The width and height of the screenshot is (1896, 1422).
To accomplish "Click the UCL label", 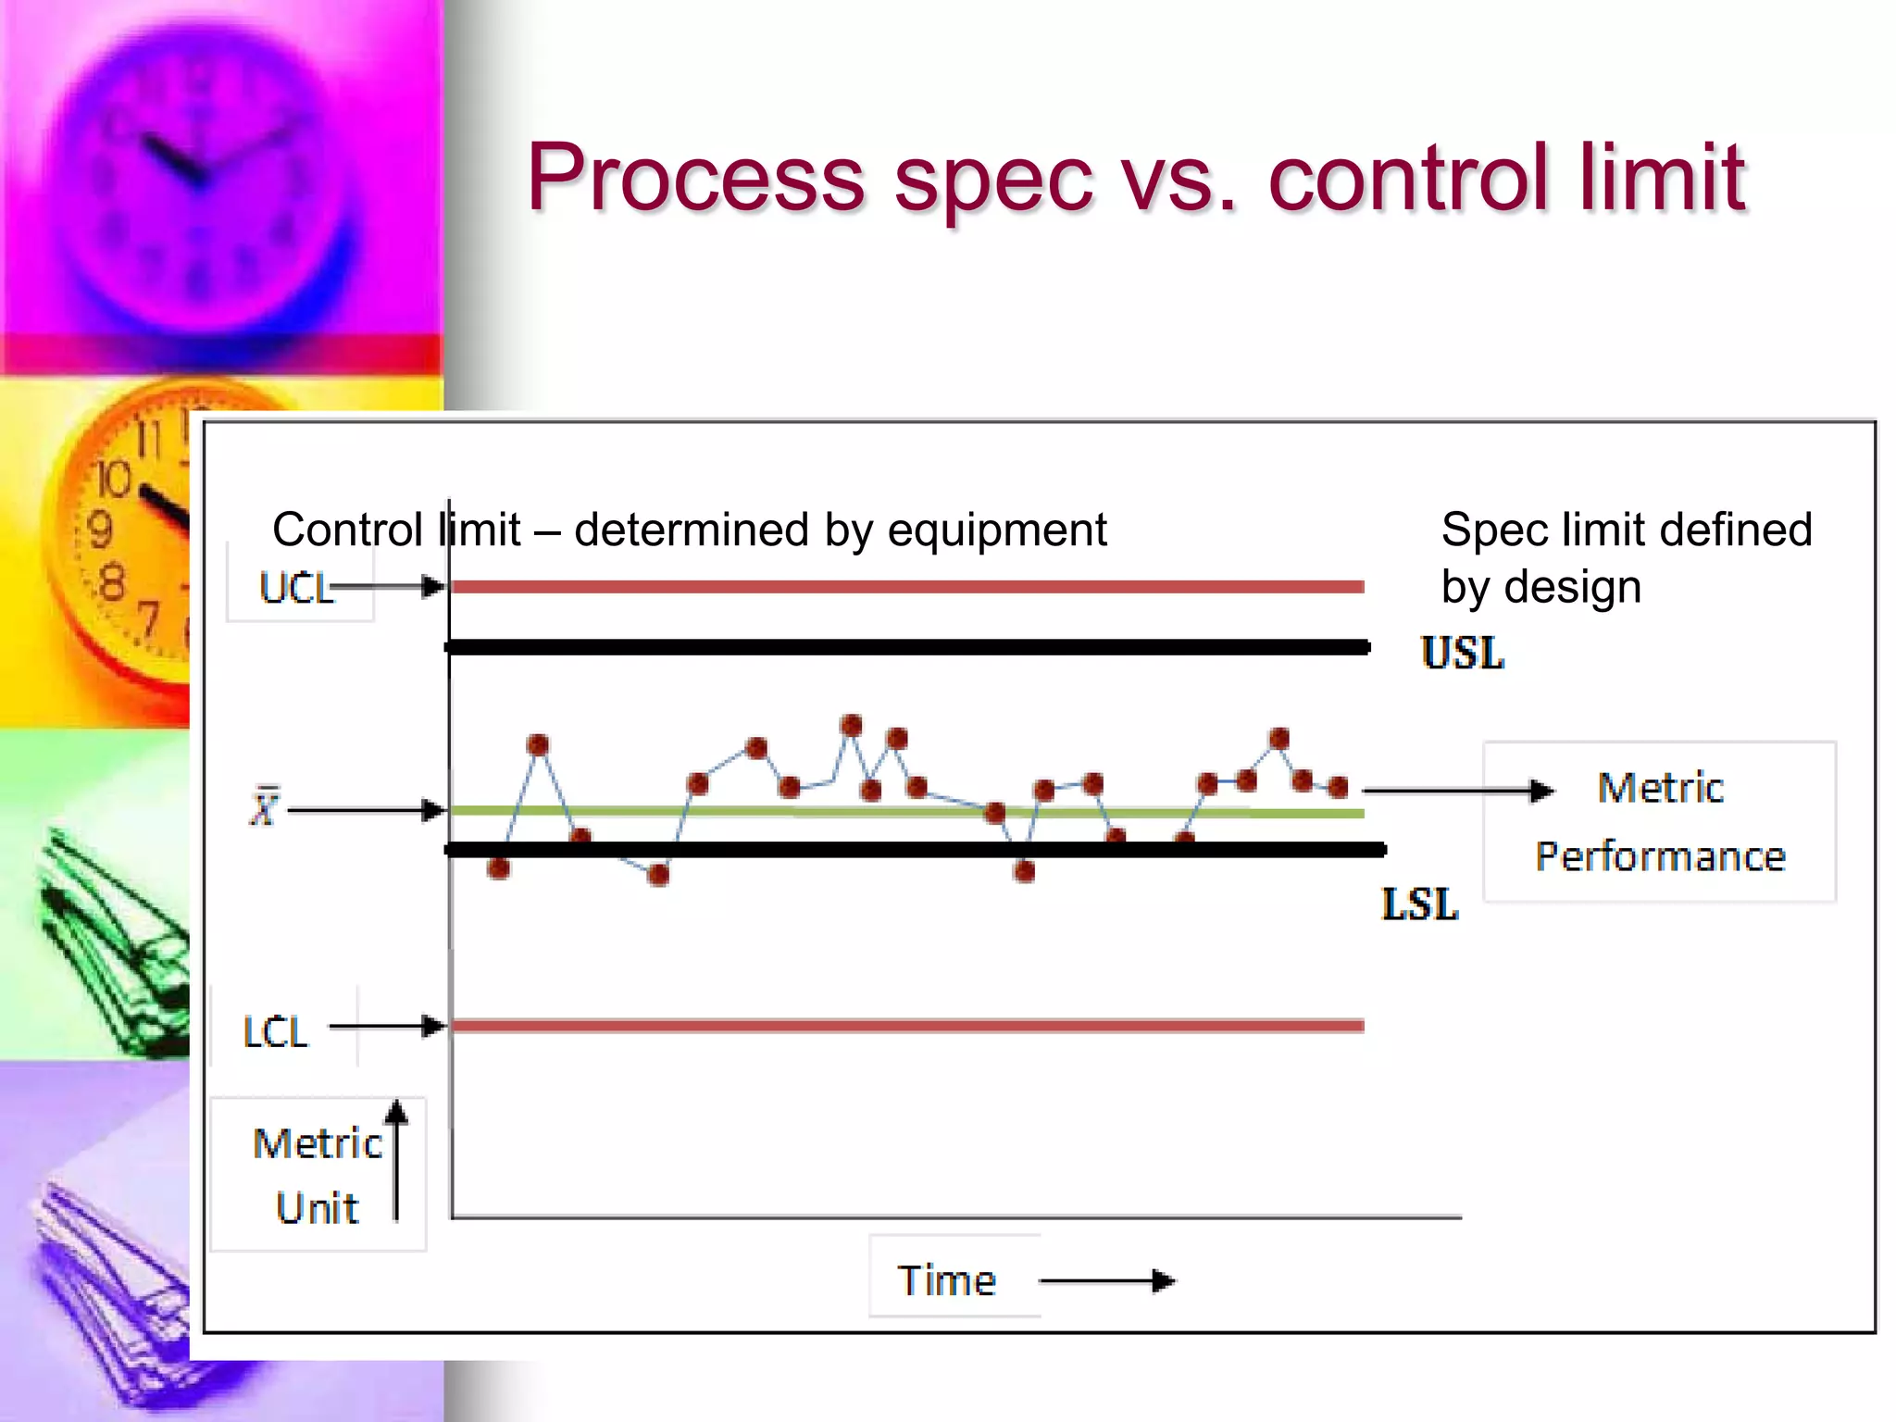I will coord(295,589).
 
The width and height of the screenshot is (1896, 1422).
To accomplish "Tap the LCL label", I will coord(275,1032).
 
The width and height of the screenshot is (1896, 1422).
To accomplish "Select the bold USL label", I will coord(1463,654).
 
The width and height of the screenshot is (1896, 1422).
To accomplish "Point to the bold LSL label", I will coord(1419,904).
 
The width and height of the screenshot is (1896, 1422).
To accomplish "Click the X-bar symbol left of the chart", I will coord(264,807).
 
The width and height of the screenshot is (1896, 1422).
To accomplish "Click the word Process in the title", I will coord(694,178).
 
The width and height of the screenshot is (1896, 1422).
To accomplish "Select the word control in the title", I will coord(1407,178).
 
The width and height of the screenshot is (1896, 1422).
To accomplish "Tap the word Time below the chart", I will coord(946,1281).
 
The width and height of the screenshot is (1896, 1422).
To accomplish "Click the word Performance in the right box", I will coord(1660,856).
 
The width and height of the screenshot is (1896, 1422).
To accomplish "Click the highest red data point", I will coord(852,725).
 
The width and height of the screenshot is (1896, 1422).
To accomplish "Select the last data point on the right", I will coord(1338,788).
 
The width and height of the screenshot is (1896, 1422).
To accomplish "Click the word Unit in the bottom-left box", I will coord(317,1209).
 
